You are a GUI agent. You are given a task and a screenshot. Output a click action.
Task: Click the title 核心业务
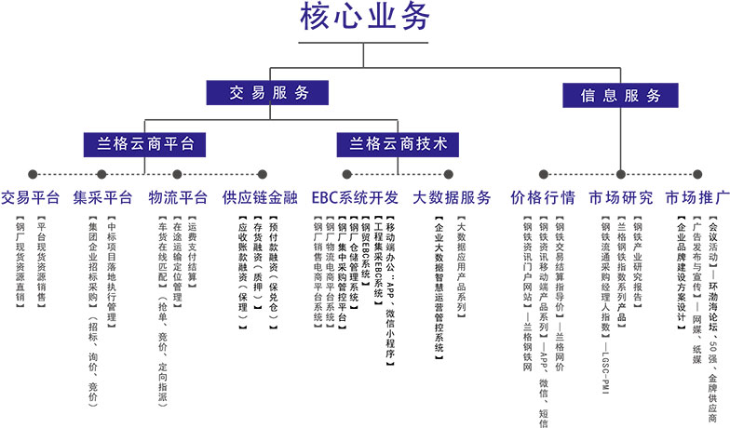(365, 20)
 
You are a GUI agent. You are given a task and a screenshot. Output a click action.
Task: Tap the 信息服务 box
(620, 95)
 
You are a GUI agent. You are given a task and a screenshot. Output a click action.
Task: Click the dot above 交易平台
(33, 174)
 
